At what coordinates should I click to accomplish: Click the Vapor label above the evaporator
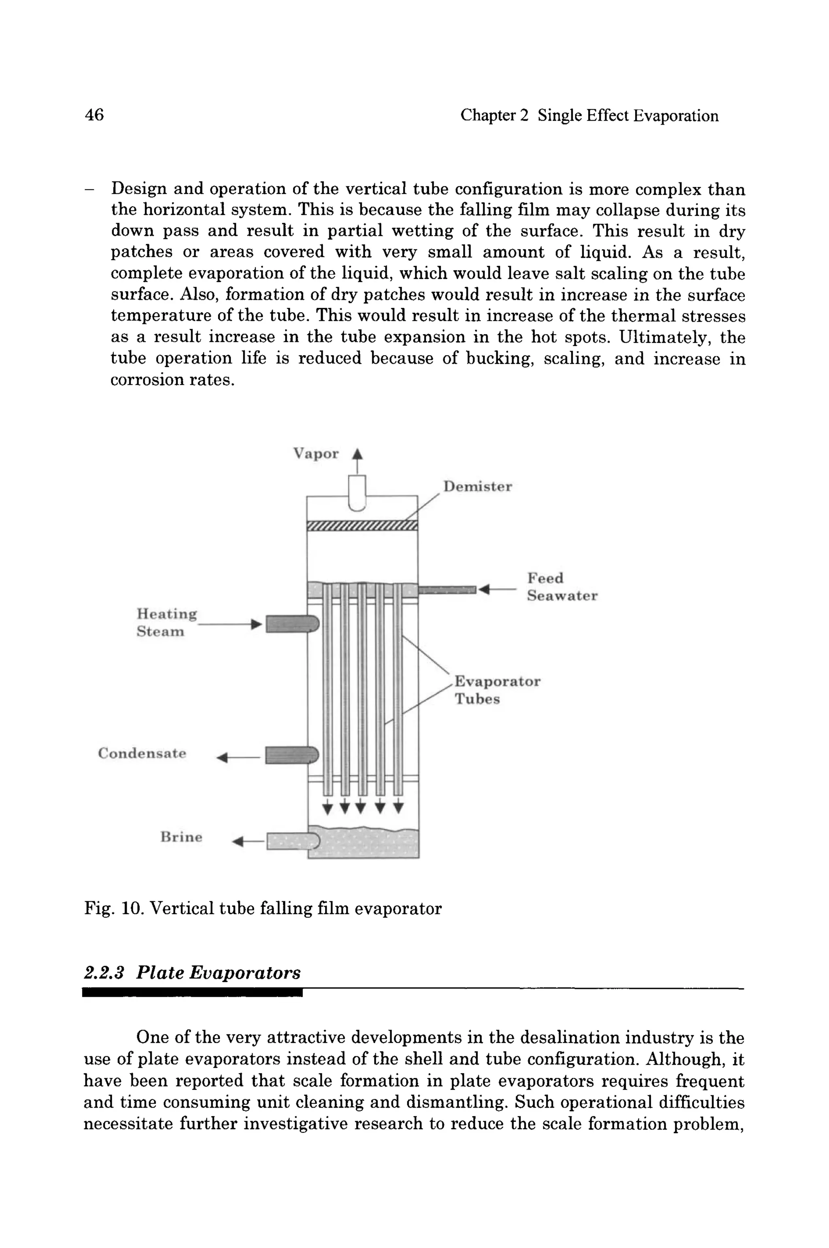(x=316, y=454)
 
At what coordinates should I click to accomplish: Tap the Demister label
(x=477, y=487)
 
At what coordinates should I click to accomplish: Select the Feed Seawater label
(x=561, y=587)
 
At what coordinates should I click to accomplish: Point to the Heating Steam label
(x=166, y=623)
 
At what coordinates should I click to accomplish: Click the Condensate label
(x=142, y=753)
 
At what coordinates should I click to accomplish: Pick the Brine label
(x=181, y=837)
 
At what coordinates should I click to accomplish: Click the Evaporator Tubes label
(x=497, y=690)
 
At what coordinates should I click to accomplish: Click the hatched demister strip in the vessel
(x=362, y=525)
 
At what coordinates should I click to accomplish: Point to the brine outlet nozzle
(x=292, y=841)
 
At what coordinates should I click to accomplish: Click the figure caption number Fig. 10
(x=114, y=909)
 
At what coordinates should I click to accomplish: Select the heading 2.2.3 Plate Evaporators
(x=192, y=973)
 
